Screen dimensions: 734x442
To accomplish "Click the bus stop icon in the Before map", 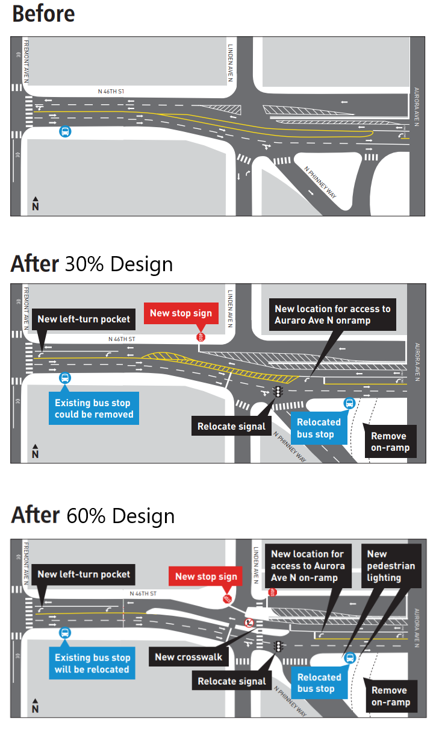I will pyautogui.click(x=64, y=131).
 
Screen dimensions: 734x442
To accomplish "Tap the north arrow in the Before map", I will pyautogui.click(x=36, y=204).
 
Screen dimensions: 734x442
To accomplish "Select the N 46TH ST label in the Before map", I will pyautogui.click(x=111, y=91).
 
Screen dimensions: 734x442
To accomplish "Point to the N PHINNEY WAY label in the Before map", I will pyautogui.click(x=320, y=183).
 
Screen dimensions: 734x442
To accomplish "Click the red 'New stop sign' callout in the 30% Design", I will pyautogui.click(x=181, y=313).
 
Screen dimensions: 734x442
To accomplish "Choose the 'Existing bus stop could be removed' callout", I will pyautogui.click(x=93, y=409).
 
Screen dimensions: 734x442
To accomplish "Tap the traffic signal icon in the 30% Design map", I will pyautogui.click(x=278, y=392).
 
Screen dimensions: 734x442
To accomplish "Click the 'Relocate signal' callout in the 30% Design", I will pyautogui.click(x=231, y=427).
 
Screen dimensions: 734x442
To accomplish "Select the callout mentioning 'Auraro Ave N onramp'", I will pyautogui.click(x=332, y=315).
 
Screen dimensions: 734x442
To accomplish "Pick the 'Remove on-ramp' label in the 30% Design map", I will pyautogui.click(x=389, y=442).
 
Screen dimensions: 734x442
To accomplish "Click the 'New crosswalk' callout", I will pyautogui.click(x=188, y=657).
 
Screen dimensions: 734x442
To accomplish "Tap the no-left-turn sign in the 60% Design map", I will pyautogui.click(x=247, y=621).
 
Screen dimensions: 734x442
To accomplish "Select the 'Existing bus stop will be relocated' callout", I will pyautogui.click(x=92, y=663).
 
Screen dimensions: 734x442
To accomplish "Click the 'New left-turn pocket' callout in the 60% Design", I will pyautogui.click(x=84, y=574).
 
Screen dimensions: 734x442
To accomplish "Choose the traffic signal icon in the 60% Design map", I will pyautogui.click(x=278, y=646).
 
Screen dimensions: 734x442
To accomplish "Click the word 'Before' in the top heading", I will pyautogui.click(x=43, y=13).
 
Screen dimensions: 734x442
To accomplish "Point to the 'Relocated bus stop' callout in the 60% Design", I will pyautogui.click(x=319, y=683).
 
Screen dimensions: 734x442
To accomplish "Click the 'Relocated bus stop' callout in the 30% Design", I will pyautogui.click(x=319, y=428).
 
